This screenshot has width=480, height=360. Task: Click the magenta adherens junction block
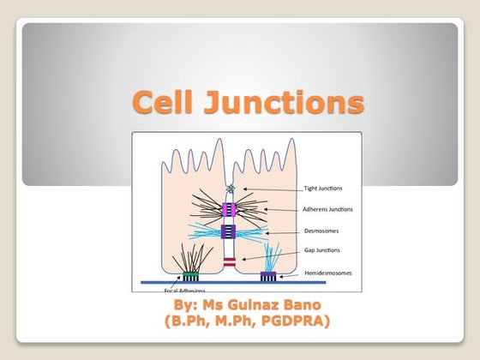[x=231, y=208]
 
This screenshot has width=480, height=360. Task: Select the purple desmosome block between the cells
[x=231, y=231]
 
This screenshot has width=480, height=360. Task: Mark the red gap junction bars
[x=231, y=257]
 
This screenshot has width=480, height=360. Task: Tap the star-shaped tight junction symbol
[x=230, y=189]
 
